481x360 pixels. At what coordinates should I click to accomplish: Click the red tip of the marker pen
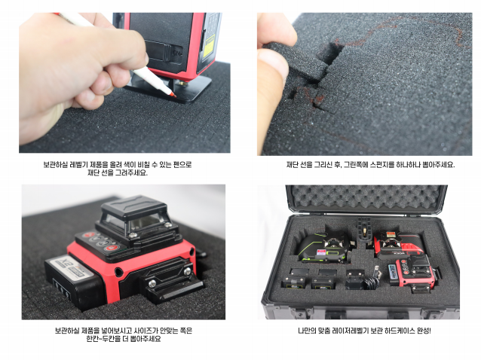pos(173,95)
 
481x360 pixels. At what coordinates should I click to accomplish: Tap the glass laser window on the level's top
pos(139,223)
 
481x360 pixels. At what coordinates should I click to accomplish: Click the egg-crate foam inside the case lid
pos(366,197)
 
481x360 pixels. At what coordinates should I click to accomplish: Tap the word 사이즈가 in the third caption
pos(146,331)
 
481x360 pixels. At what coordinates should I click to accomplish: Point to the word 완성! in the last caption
pos(424,331)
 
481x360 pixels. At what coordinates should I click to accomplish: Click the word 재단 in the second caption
pos(293,164)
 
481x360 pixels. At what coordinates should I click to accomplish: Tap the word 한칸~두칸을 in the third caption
pos(103,339)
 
